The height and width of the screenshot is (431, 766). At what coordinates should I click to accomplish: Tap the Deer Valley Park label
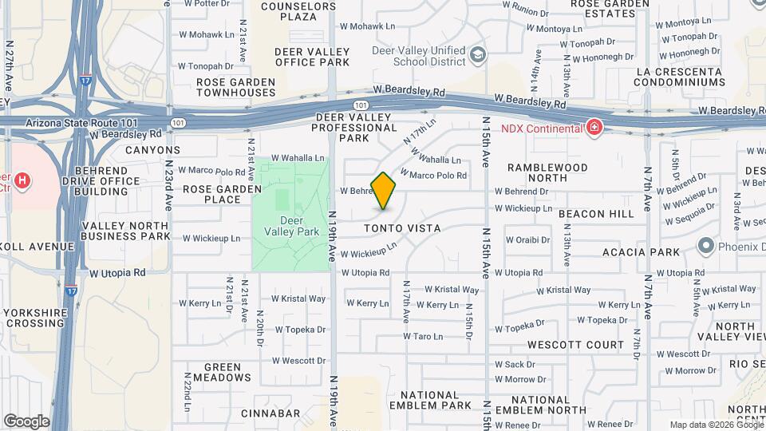290,226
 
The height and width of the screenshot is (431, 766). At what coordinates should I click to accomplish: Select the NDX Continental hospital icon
594,128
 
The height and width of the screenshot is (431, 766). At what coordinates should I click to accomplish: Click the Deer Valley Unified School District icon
478,55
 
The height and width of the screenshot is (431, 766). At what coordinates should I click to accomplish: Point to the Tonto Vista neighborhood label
403,228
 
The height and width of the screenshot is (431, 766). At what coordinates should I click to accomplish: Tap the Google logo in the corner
26,421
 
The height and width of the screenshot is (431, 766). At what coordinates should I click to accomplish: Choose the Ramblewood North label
548,173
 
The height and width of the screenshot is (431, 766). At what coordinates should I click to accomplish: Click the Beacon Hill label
596,214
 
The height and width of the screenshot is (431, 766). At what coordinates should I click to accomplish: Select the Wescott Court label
571,345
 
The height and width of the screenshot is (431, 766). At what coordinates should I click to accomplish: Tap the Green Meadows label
216,372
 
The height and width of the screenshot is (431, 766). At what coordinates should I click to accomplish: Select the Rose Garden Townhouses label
235,87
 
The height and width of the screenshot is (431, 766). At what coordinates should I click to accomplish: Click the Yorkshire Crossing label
34,318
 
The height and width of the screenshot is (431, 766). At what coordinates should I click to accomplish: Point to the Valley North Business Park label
125,231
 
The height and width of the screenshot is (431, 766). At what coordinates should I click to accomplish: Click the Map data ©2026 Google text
716,425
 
